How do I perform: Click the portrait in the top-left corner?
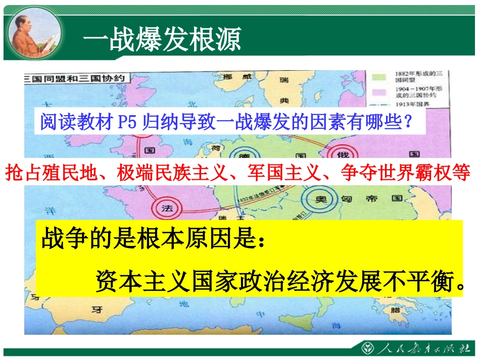click(x=34, y=33)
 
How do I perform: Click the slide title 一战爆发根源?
click(x=161, y=39)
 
